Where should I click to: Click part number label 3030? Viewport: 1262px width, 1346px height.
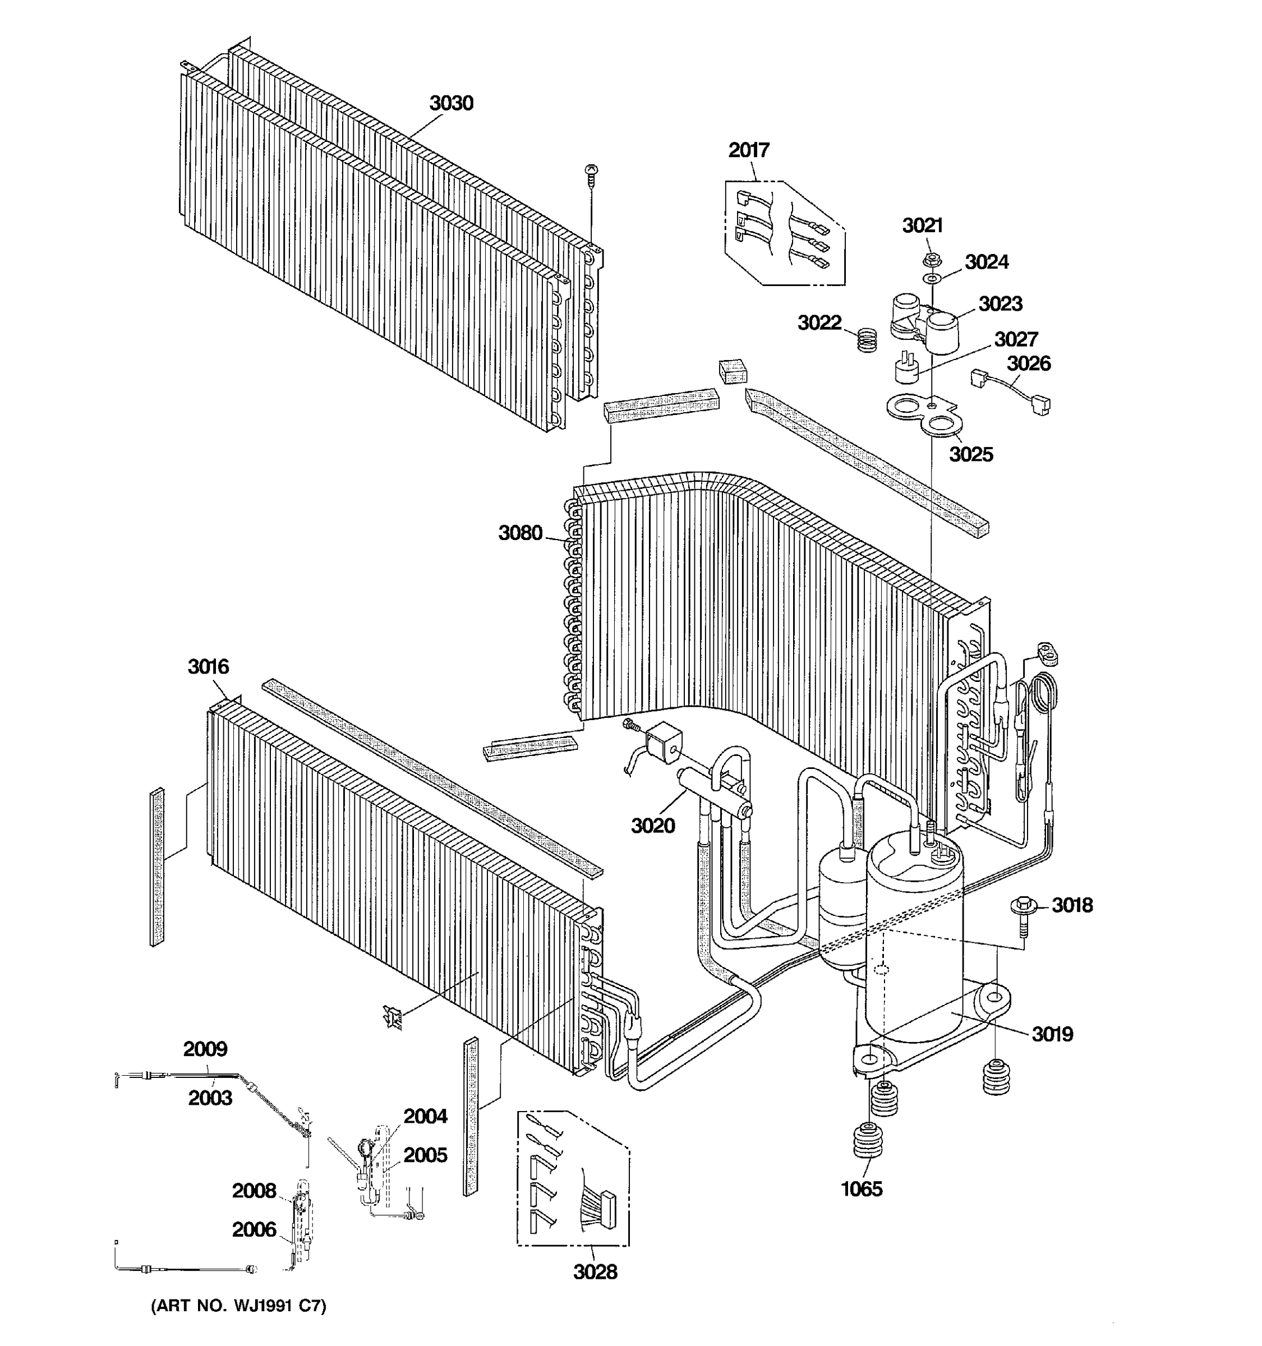pyautogui.click(x=451, y=104)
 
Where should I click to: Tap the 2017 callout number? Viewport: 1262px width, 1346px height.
pyautogui.click(x=749, y=150)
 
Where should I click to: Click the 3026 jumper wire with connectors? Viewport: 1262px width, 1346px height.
pyautogui.click(x=1011, y=391)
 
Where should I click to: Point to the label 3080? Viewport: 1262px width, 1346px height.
pyautogui.click(x=520, y=533)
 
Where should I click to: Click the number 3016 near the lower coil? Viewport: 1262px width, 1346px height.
pyautogui.click(x=209, y=666)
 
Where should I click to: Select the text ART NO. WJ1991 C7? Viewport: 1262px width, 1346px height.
pyautogui.click(x=238, y=1306)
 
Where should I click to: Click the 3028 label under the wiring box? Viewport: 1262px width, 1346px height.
pyautogui.click(x=595, y=1271)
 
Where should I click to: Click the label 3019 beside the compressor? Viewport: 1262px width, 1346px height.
pyautogui.click(x=1052, y=1034)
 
